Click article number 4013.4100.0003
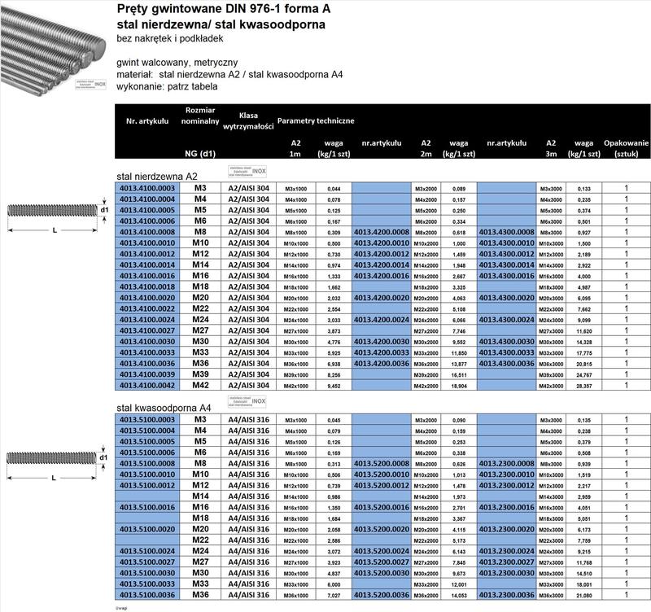click(x=147, y=188)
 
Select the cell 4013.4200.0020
click(x=382, y=299)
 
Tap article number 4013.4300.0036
click(x=508, y=363)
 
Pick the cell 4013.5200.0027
click(x=382, y=561)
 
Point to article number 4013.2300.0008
click(x=508, y=463)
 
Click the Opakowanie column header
click(x=627, y=147)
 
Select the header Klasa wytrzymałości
click(x=248, y=121)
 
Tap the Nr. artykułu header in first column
click(x=147, y=121)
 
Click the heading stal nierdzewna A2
click(x=157, y=176)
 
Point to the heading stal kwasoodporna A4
click(x=164, y=408)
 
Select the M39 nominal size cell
click(x=200, y=375)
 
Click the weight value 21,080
click(x=583, y=594)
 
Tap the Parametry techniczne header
click(x=316, y=121)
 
